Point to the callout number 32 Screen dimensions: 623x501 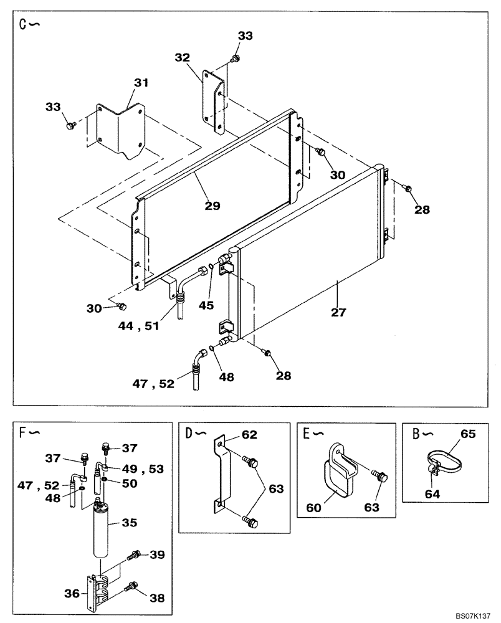pyautogui.click(x=182, y=58)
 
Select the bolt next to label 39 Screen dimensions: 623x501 pyautogui.click(x=133, y=554)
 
